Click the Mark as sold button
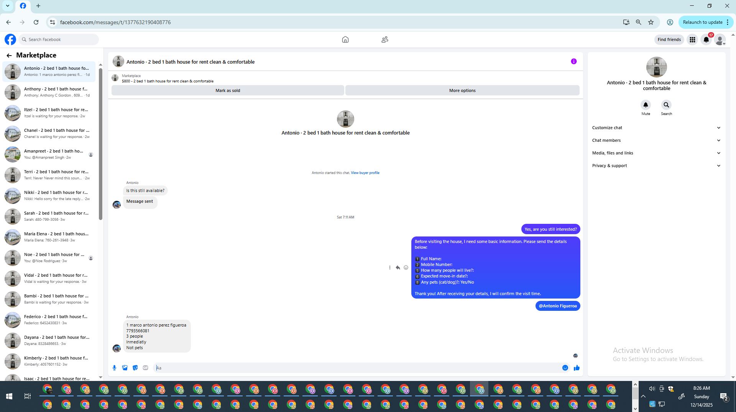(228, 90)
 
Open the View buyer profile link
(365, 173)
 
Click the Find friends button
(669, 39)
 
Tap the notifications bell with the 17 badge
(706, 39)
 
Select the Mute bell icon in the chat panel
(646, 105)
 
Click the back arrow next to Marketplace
(9, 56)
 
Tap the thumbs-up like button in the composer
(577, 368)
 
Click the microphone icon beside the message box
(114, 368)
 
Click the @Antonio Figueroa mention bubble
(558, 306)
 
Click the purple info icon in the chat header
(573, 61)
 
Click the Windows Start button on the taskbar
(9, 396)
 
